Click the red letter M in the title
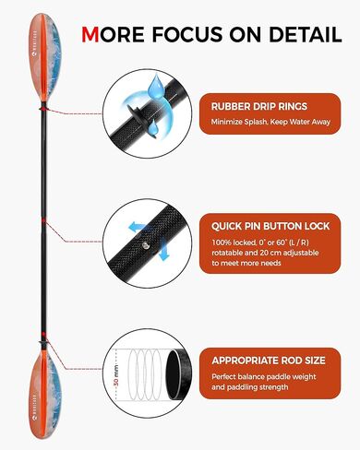coord(92,34)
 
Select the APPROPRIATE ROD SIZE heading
coord(269,361)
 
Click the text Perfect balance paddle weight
coord(261,376)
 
